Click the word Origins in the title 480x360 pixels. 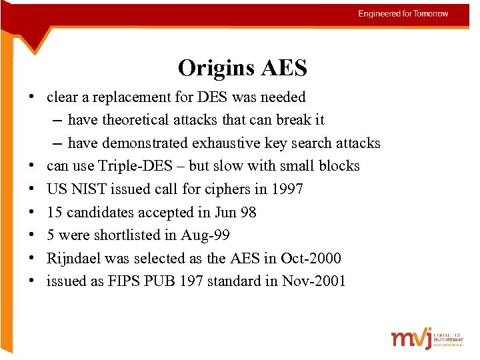(x=211, y=68)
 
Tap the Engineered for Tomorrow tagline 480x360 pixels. (x=403, y=13)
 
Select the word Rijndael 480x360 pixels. (x=73, y=258)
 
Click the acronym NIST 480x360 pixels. (x=88, y=189)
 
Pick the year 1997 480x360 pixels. (x=287, y=189)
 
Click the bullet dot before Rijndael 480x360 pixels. (x=32, y=258)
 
